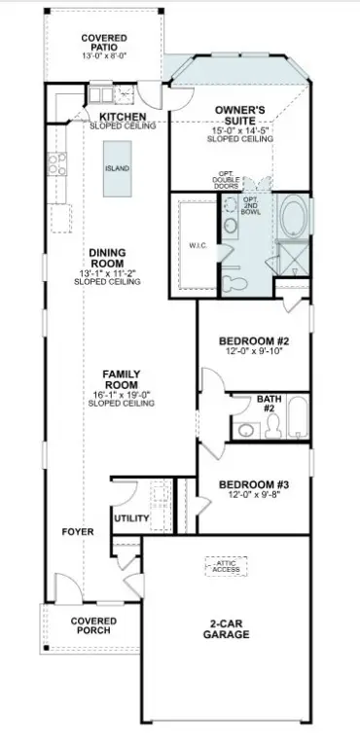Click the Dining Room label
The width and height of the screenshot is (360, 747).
[x=107, y=258]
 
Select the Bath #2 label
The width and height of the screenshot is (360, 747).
[x=268, y=404]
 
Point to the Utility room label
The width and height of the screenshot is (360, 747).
[x=130, y=517]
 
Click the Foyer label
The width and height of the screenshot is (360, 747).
[x=77, y=532]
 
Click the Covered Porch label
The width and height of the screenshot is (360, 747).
[x=93, y=625]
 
